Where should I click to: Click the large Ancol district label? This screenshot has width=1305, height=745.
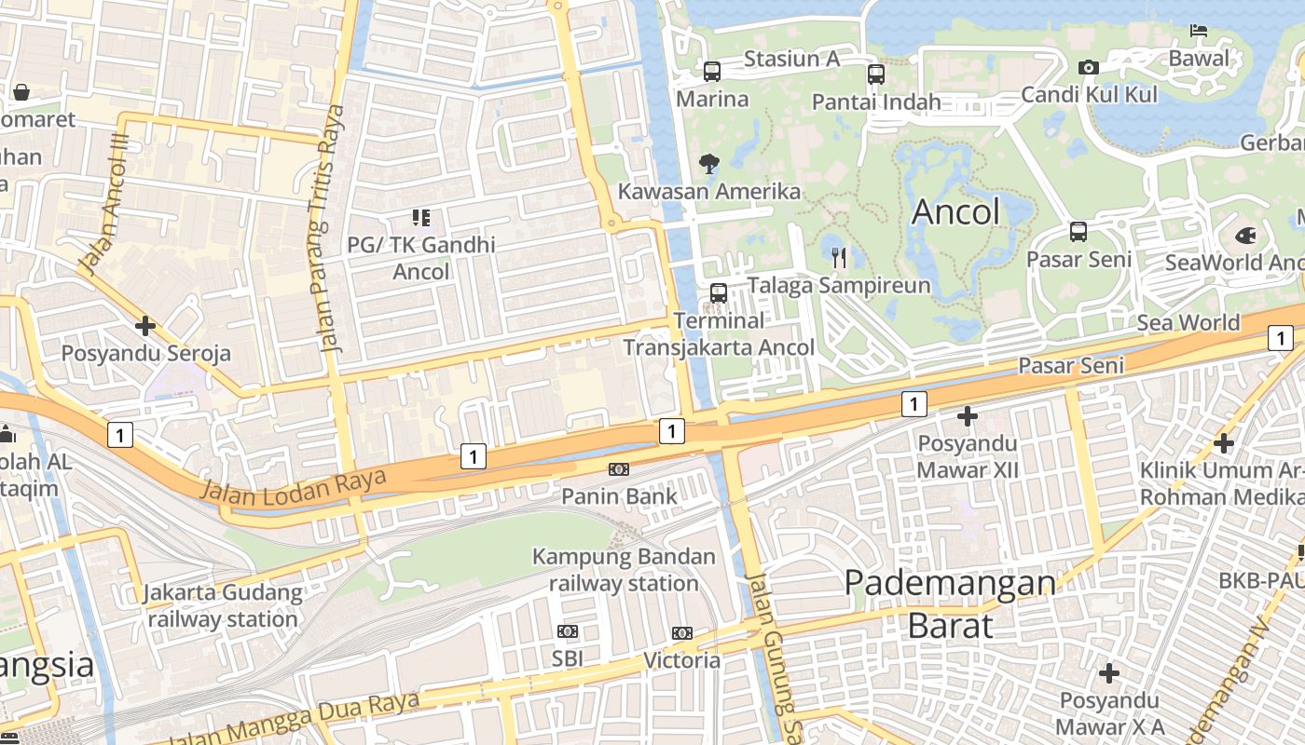coord(955,212)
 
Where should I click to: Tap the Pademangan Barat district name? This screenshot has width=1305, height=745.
coord(950,603)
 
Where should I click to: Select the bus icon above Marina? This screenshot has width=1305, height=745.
coord(712,71)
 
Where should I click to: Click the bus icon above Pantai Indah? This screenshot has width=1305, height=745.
coord(876,74)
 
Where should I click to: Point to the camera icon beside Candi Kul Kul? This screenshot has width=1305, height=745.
coord(1088,67)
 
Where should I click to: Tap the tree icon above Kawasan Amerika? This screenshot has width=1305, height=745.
coord(709,164)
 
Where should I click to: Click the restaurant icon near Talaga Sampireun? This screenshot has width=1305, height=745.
coord(838,256)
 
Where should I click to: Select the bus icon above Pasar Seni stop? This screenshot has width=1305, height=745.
coord(1078,231)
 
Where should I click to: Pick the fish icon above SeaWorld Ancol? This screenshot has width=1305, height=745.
coord(1245,236)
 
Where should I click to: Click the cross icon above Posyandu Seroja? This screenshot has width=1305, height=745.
coord(144,326)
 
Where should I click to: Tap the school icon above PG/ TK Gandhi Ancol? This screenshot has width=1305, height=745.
coord(420,218)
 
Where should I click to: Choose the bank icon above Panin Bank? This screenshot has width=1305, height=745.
coord(619,468)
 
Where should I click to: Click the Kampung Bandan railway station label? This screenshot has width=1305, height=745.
coord(624,570)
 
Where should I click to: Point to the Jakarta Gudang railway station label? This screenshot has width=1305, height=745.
coord(223,605)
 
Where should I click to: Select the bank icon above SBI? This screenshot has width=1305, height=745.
coord(567,631)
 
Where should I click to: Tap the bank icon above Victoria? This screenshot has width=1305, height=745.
coord(682,633)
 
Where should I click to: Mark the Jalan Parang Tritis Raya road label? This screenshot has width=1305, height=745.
coord(331,228)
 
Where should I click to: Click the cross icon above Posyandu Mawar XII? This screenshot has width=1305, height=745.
coord(968,416)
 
